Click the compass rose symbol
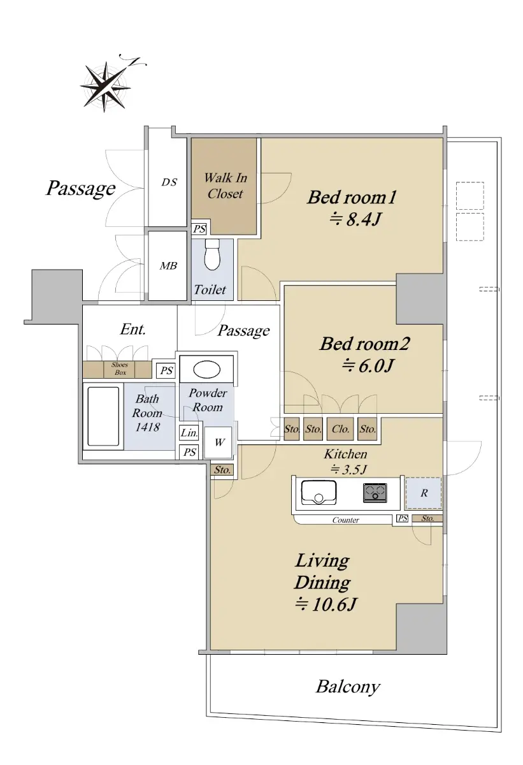point(106,85)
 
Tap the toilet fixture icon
point(213,254)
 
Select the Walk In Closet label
point(225,186)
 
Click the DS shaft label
point(169,182)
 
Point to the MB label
point(168,265)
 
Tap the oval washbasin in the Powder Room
point(206,370)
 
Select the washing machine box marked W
point(219,442)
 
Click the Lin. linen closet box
point(189,433)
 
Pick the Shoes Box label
point(120,368)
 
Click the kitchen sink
point(319,492)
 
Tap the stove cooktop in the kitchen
point(375,492)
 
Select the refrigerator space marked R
point(424,493)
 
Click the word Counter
point(346,520)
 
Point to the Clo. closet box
point(340,428)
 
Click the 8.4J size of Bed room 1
point(355,219)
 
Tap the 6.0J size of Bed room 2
point(368,366)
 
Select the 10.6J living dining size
point(326,604)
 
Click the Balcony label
point(348,687)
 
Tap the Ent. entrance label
point(133,329)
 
